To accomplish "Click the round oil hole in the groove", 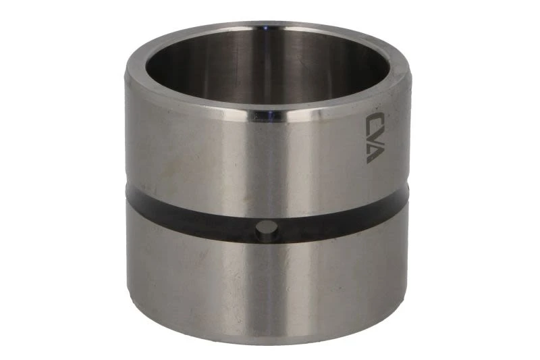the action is pyautogui.click(x=267, y=230).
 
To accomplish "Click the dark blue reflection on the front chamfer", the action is pyautogui.click(x=269, y=115).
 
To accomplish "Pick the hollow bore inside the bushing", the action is pyautogui.click(x=269, y=66).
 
